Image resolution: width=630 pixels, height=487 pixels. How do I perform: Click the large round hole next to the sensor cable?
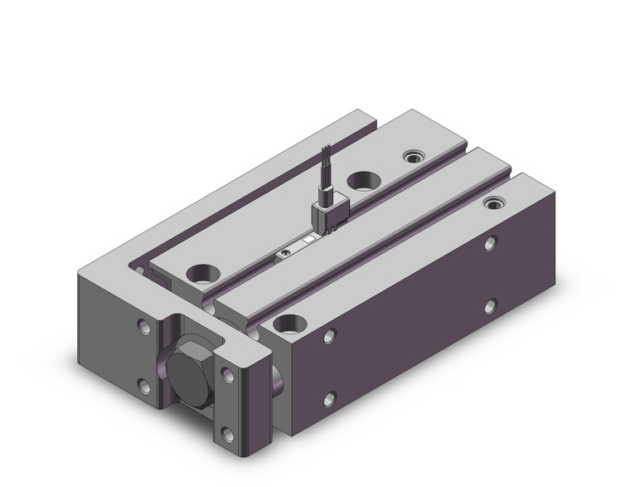pyautogui.click(x=363, y=179)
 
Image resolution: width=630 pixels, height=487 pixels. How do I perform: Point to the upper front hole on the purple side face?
pyautogui.click(x=331, y=335)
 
